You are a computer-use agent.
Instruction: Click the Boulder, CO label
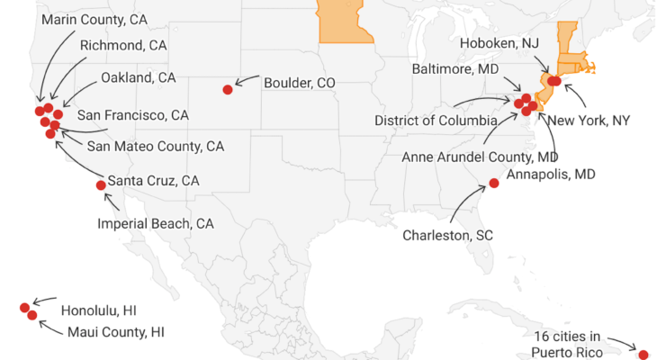pyautogui.click(x=300, y=83)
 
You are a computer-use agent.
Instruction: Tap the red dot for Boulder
pyautogui.click(x=228, y=89)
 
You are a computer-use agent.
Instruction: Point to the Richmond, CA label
pyautogui.click(x=123, y=46)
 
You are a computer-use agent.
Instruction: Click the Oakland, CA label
pyautogui.click(x=139, y=77)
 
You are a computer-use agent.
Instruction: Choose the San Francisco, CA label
pyautogui.click(x=133, y=115)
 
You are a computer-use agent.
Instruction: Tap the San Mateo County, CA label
pyautogui.click(x=156, y=146)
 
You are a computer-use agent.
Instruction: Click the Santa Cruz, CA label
pyautogui.click(x=153, y=180)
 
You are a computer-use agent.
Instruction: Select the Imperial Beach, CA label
pyautogui.click(x=155, y=223)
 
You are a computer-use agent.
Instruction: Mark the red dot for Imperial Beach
pyautogui.click(x=101, y=185)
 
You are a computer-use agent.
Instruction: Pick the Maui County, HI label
pyautogui.click(x=116, y=332)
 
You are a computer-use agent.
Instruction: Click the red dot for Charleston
pyautogui.click(x=494, y=184)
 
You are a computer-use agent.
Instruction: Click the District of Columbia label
pyautogui.click(x=436, y=121)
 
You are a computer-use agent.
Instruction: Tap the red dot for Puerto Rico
pyautogui.click(x=643, y=354)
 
